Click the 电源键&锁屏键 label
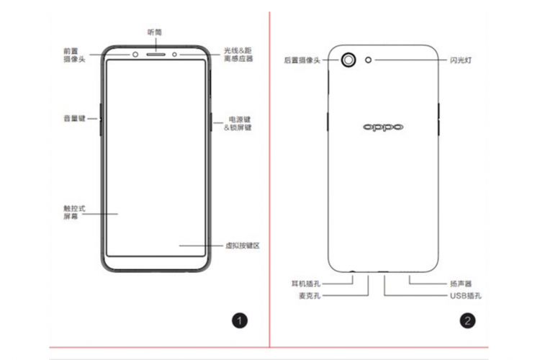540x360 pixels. pos(239,122)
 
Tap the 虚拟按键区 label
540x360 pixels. pos(242,246)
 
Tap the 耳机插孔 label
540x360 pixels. pos(305,284)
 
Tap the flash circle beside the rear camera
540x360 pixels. pos(369,60)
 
